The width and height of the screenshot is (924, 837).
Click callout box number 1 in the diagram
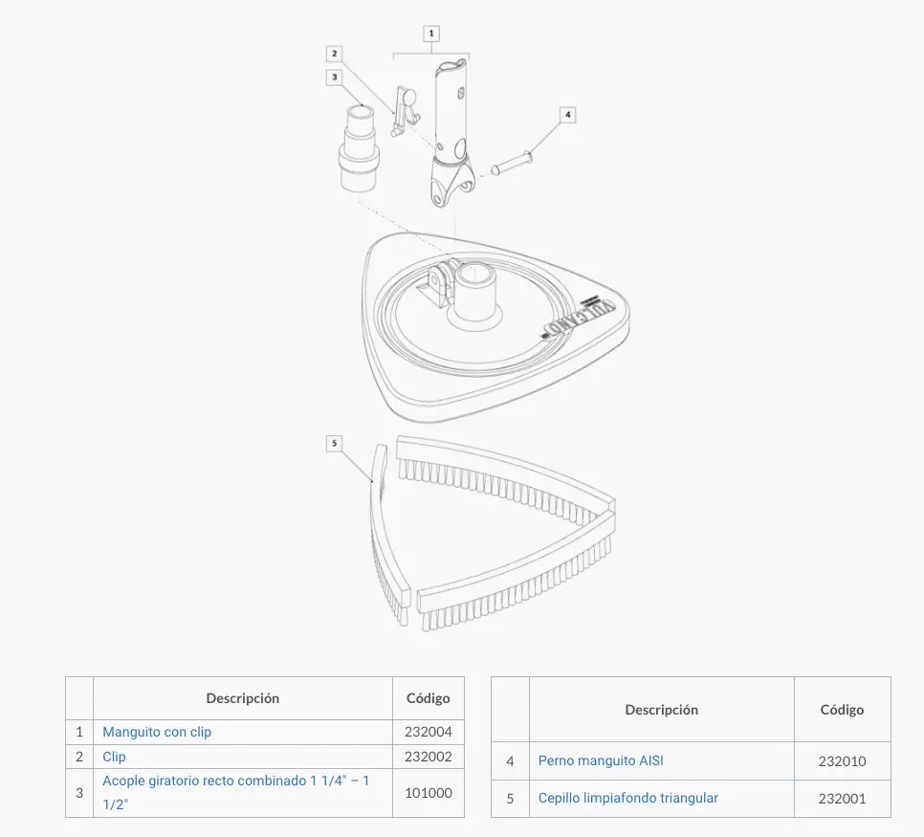point(431,33)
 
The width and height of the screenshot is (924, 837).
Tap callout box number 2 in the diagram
point(335,55)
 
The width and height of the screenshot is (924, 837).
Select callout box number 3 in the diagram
point(335,77)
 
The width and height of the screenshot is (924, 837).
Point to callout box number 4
point(567,115)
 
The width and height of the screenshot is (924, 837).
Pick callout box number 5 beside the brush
point(334,443)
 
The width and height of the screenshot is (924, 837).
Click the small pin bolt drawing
point(512,164)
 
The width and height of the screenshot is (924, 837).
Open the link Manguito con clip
point(157,732)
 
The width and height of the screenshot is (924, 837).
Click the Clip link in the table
point(115,757)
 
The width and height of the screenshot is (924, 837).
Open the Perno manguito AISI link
point(601,760)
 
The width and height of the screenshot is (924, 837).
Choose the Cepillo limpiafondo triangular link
point(628,798)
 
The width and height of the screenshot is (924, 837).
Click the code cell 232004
point(429,732)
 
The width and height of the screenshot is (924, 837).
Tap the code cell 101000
point(429,793)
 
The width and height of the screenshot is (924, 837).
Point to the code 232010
point(842,761)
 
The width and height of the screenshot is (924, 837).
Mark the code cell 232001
point(842,799)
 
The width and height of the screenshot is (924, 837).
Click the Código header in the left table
point(429,698)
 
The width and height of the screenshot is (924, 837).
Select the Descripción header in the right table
point(661,710)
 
